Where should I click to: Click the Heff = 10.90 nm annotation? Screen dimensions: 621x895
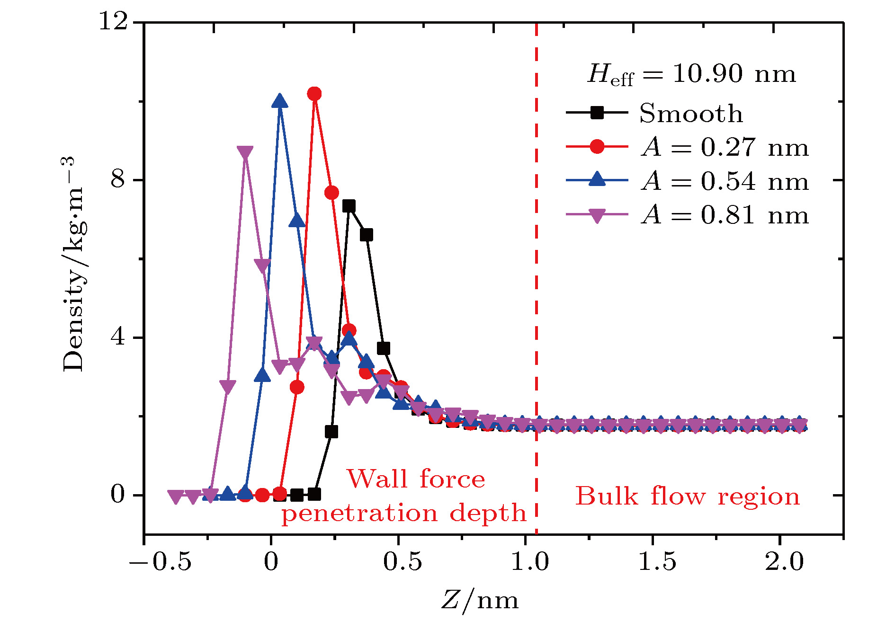pos(691,75)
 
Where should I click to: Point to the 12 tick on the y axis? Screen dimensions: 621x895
pos(114,22)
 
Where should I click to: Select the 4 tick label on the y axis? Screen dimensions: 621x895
pos(118,337)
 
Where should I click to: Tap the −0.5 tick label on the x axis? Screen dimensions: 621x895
pos(160,562)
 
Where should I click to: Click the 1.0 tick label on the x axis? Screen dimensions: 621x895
pos(530,562)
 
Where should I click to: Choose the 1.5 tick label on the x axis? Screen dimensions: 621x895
pos(657,562)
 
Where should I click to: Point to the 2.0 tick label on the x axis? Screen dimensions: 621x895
pos(784,562)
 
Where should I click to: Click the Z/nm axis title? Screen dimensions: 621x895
pos(480,601)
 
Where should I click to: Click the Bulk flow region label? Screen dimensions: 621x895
pos(688,497)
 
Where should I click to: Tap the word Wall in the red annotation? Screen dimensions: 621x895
pos(377,479)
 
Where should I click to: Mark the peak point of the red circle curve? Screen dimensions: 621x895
pos(314,94)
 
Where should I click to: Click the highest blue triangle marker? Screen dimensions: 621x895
pos(280,101)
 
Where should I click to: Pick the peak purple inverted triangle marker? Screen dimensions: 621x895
pos(245,152)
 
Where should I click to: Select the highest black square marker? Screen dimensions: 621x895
pos(349,206)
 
